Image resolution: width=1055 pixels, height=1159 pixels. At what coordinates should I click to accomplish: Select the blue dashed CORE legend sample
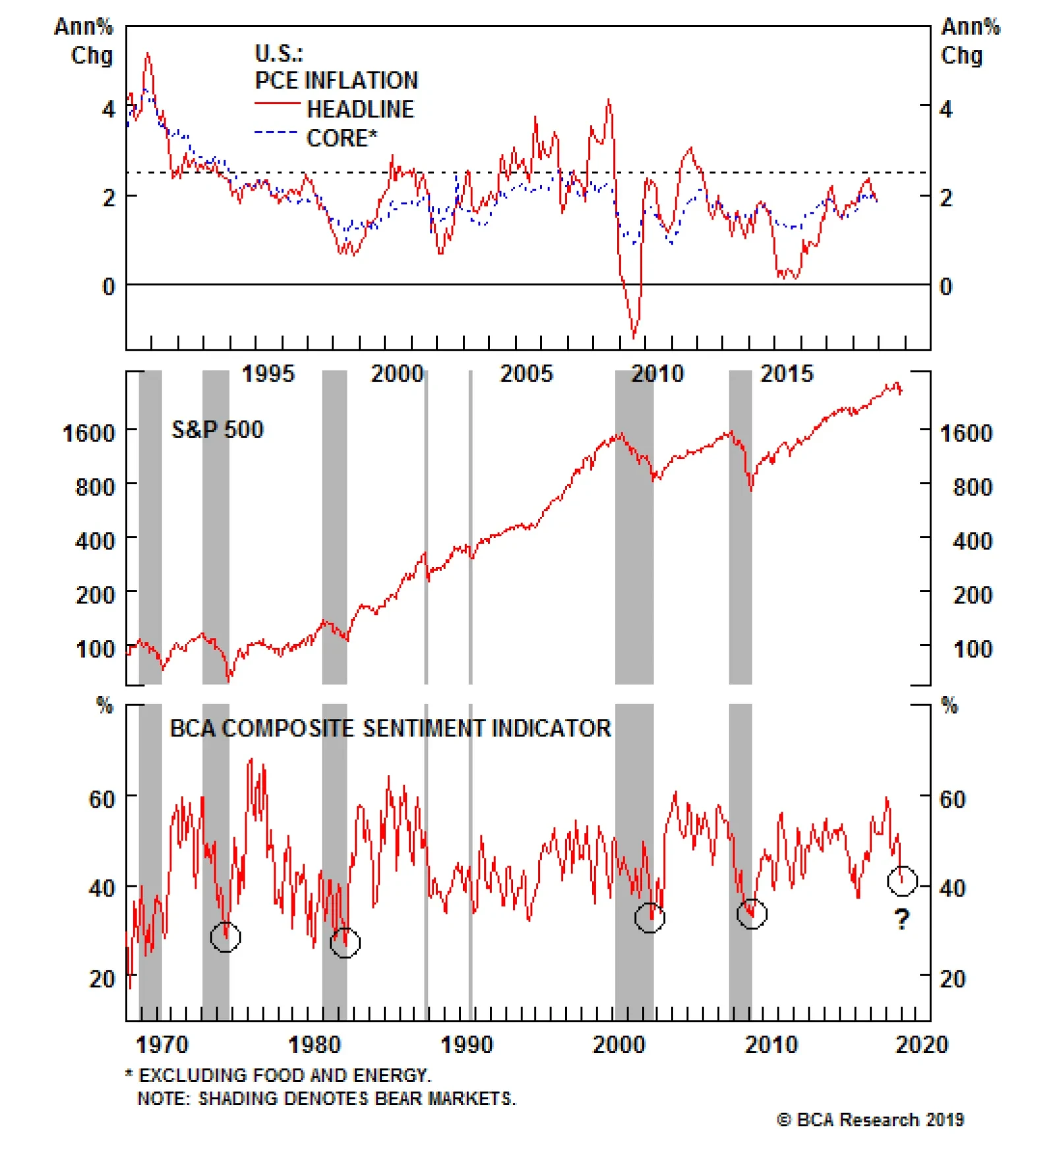tap(277, 133)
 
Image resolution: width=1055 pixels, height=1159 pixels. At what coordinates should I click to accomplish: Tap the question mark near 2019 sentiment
tap(902, 918)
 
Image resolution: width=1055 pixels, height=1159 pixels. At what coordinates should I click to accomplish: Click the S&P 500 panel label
tap(218, 430)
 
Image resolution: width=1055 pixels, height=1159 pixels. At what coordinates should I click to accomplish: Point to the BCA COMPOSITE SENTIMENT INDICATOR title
tap(390, 728)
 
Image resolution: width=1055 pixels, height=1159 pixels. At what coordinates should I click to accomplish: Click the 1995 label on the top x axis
tap(268, 374)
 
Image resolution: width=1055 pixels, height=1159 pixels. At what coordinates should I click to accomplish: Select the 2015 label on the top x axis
tap(787, 374)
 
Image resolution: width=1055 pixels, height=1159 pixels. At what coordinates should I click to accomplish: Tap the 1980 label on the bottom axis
tap(315, 1045)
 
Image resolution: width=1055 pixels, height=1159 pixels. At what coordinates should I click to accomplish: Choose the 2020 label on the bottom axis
tap(922, 1045)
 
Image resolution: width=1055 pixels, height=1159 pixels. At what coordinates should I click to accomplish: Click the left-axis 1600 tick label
tap(88, 433)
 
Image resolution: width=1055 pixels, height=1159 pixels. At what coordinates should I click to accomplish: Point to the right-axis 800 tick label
tap(972, 487)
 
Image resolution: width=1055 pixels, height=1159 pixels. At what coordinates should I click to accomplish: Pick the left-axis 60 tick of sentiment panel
tap(102, 800)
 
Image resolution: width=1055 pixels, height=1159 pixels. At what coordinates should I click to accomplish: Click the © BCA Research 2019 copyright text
tap(870, 1120)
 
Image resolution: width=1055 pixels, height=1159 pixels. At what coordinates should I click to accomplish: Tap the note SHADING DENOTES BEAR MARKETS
tap(326, 1098)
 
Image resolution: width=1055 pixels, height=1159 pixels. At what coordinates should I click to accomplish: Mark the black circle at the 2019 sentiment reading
tap(902, 881)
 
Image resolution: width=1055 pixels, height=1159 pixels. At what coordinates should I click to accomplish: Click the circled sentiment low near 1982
tap(345, 943)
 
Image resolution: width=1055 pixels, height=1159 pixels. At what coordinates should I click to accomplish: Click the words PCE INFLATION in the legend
tap(336, 80)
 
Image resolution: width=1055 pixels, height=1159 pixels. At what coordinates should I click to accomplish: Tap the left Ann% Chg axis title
tap(84, 41)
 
